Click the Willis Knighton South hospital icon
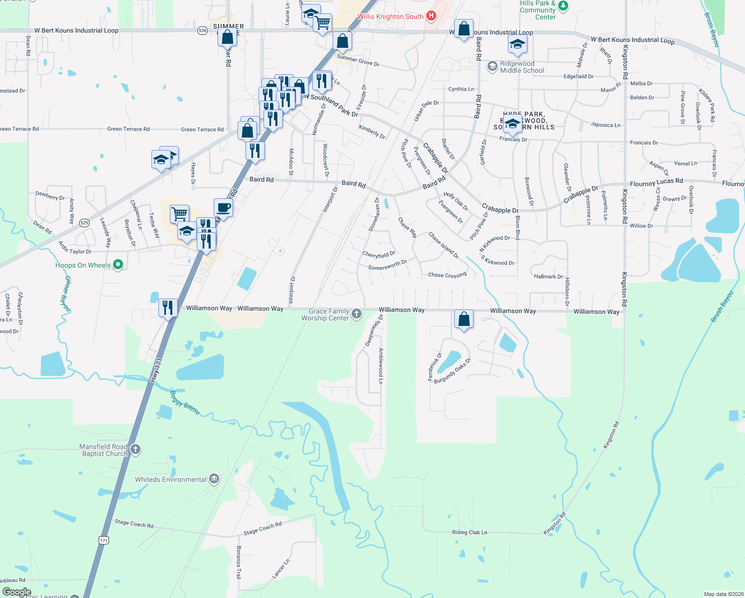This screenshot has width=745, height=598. pyautogui.click(x=431, y=16)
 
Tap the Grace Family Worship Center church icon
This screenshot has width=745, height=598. pyautogui.click(x=357, y=314)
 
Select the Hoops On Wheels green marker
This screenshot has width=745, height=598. pyautogui.click(x=118, y=265)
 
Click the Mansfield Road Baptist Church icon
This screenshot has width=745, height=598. pyautogui.click(x=135, y=449)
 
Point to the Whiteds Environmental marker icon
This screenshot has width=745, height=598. pyautogui.click(x=214, y=479)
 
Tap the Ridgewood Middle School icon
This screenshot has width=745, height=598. pyautogui.click(x=492, y=66)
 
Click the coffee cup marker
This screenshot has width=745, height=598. pyautogui.click(x=223, y=208)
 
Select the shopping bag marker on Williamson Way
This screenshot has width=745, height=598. pyautogui.click(x=464, y=318)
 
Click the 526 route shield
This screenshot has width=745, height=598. pyautogui.click(x=202, y=30)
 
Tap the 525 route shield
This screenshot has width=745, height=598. pyautogui.click(x=85, y=223)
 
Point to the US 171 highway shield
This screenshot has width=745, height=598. pyautogui.click(x=103, y=540)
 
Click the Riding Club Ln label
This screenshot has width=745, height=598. pyautogui.click(x=470, y=532)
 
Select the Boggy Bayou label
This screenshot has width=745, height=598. pyautogui.click(x=185, y=403)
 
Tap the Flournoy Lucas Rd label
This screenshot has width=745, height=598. pyautogui.click(x=656, y=183)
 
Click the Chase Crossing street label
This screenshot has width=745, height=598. pyautogui.click(x=447, y=275)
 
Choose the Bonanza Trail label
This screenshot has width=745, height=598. pyautogui.click(x=239, y=562)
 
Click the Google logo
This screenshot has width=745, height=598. pyautogui.click(x=17, y=592)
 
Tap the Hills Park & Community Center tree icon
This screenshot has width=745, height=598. pyautogui.click(x=563, y=6)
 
